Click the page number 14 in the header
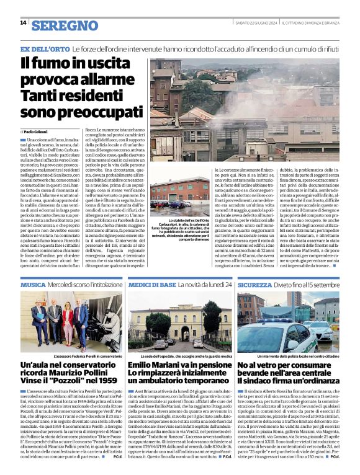coord(23,23)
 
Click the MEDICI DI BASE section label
coord(151,285)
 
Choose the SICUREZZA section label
coord(258,285)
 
